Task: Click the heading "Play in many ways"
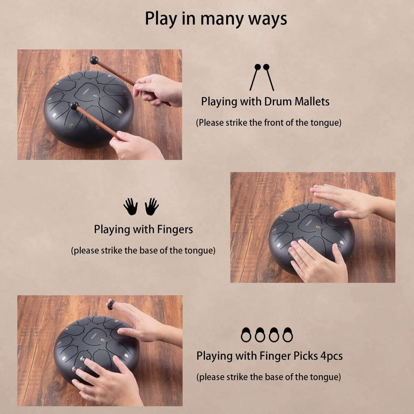(x=216, y=19)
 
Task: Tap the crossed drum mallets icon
(x=262, y=77)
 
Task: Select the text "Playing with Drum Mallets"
(x=265, y=102)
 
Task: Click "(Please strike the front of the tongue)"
(x=268, y=123)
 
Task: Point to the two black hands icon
(x=141, y=206)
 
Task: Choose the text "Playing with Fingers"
(x=143, y=229)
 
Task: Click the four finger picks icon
(x=267, y=335)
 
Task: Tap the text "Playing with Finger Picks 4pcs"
(x=269, y=356)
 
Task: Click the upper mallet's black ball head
(x=94, y=60)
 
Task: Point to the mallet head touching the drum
(x=74, y=106)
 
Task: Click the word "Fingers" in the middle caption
(x=175, y=229)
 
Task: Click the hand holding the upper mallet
(x=157, y=90)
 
